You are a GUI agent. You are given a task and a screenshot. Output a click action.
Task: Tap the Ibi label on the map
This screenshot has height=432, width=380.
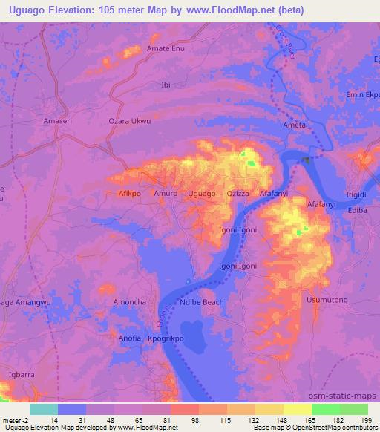pos(166,85)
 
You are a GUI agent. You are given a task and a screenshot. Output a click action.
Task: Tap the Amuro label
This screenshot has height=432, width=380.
pos(166,194)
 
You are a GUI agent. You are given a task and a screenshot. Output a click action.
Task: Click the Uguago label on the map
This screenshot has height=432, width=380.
pos(202,194)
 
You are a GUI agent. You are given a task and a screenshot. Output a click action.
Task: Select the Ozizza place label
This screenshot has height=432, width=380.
pos(239,194)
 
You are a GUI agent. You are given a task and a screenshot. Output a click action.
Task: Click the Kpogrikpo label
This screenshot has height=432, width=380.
pos(166,338)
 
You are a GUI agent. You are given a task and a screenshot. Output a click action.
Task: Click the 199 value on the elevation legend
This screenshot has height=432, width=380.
pos(367,420)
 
